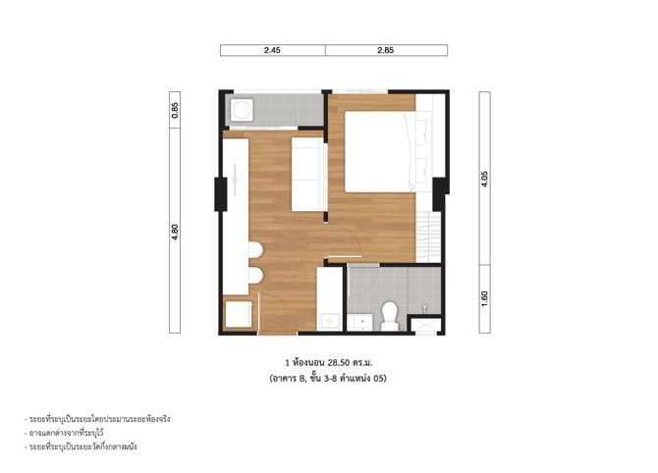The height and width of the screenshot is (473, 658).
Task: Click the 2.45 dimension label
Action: point(272,50)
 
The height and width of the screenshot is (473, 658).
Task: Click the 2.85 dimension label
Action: point(385,50)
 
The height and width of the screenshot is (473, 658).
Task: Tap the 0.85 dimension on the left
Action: point(175,110)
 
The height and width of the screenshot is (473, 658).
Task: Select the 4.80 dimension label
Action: point(175,232)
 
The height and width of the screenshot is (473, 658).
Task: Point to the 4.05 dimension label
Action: point(484,179)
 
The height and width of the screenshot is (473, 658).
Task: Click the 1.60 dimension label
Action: point(484,299)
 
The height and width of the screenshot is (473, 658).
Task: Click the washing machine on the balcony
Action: point(242,110)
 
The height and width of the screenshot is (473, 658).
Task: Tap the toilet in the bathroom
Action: point(390,316)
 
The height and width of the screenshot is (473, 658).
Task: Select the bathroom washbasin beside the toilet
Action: point(360,322)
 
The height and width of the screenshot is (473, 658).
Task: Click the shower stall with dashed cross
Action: point(425,326)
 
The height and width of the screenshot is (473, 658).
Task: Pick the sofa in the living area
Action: point(309,174)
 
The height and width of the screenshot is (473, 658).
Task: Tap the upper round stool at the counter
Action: point(255,250)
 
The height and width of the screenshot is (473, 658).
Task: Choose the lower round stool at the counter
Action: point(255,276)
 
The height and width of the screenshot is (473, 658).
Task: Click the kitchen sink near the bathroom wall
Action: point(330,321)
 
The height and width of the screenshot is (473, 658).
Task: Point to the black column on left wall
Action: point(221,194)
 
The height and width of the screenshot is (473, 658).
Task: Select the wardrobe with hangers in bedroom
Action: point(428,237)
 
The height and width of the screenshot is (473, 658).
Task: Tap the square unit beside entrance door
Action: point(239,314)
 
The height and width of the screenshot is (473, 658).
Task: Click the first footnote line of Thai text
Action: point(97,419)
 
